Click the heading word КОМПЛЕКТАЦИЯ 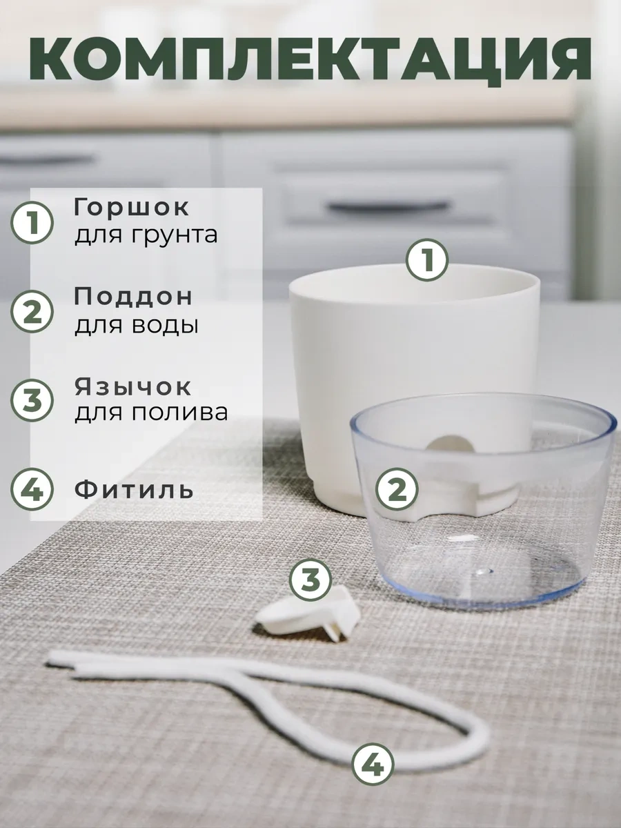pyautogui.click(x=310, y=59)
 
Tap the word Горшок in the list pyautogui.click(x=132, y=208)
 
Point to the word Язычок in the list pyautogui.click(x=133, y=386)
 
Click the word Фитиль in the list pyautogui.click(x=134, y=490)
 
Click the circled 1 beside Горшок pyautogui.click(x=32, y=223)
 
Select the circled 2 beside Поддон pyautogui.click(x=32, y=312)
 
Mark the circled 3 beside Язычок pyautogui.click(x=32, y=401)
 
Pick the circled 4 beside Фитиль pyautogui.click(x=32, y=489)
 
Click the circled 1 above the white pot pyautogui.click(x=427, y=260)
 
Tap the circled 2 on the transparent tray pyautogui.click(x=397, y=490)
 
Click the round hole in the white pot pyautogui.click(x=449, y=444)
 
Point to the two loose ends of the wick pyautogui.click(x=62, y=669)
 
